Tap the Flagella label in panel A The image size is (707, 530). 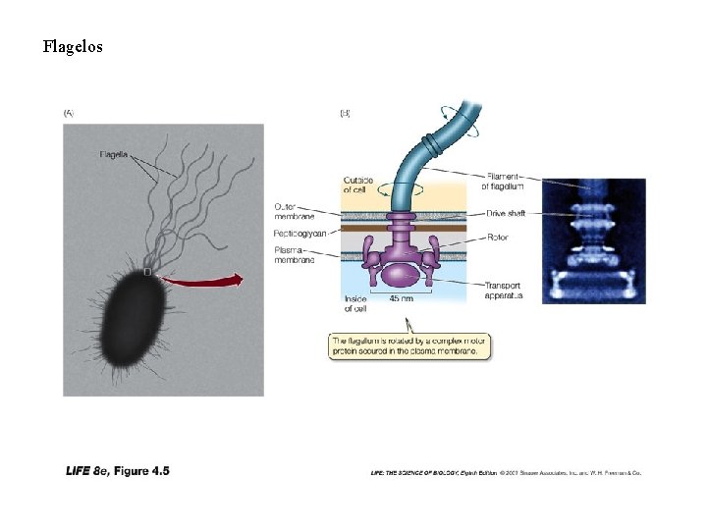[117, 154]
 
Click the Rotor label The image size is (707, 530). [497, 238]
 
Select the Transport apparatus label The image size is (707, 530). [504, 291]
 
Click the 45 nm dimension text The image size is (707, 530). [401, 298]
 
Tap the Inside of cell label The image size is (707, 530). [355, 303]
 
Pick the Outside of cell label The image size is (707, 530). [357, 185]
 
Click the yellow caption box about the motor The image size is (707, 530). [409, 344]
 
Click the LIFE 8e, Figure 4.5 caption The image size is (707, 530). [118, 471]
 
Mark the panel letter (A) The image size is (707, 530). [69, 112]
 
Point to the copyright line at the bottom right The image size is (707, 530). [506, 473]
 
